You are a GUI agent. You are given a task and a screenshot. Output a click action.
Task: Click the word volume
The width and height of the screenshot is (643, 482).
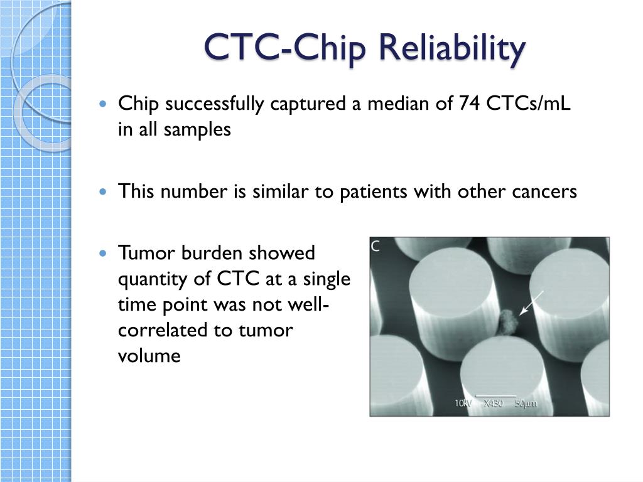coord(149,356)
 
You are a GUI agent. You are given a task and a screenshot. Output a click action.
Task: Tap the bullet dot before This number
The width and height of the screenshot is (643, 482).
coord(105,191)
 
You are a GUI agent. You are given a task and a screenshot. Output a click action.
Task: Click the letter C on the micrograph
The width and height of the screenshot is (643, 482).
coord(376,247)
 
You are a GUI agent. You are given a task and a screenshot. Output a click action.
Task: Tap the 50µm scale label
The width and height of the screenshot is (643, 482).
coord(526,404)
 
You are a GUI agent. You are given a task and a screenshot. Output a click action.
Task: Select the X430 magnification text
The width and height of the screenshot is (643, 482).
coord(495,404)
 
